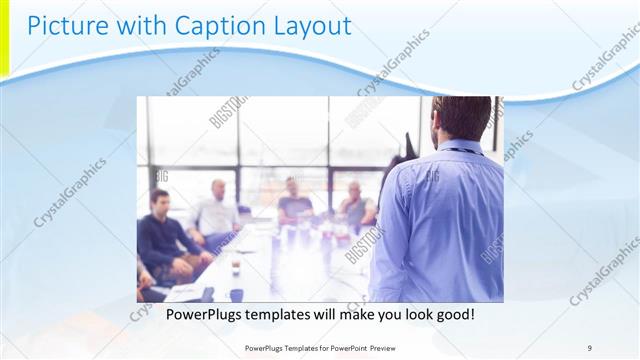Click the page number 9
(589, 347)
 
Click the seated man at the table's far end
(295, 200)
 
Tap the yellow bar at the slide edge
(4, 40)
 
